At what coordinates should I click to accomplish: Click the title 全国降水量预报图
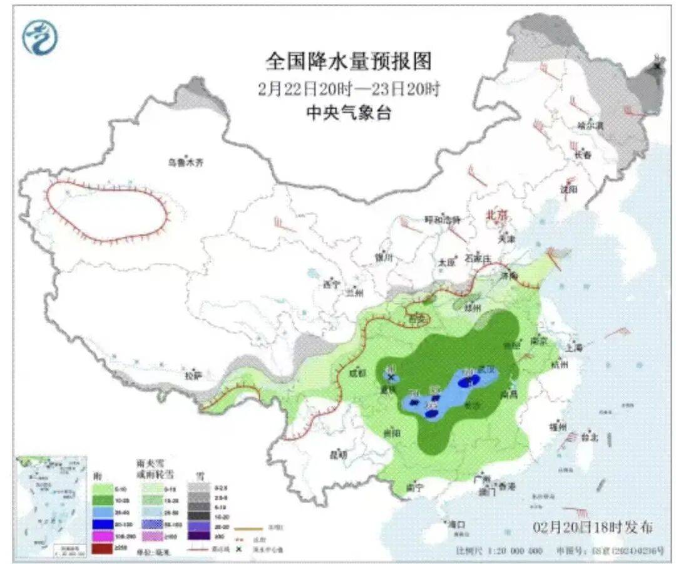349,61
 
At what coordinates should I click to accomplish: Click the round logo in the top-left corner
39,37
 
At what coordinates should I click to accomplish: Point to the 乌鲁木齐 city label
185,162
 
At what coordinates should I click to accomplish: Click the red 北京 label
498,214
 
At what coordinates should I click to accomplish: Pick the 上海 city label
573,347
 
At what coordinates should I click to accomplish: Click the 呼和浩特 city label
443,219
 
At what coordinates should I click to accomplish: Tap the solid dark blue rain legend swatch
103,525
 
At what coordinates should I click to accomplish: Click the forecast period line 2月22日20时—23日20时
349,88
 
